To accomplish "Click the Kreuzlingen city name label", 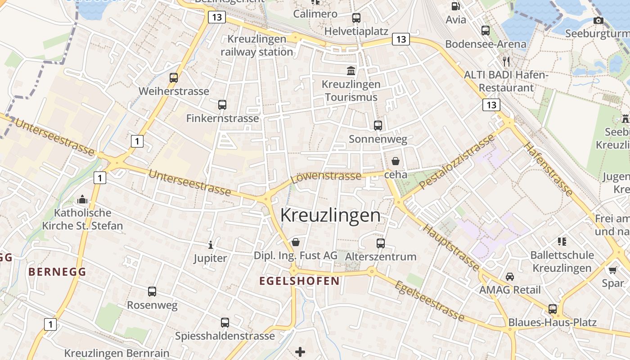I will point(330,216).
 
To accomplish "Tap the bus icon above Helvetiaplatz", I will point(356,18).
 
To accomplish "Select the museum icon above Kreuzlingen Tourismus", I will point(351,71).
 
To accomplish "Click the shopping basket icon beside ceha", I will point(396,161).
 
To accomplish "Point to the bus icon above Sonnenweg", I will point(378,126).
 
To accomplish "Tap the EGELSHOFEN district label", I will point(299,281).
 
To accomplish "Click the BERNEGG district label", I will point(57,272).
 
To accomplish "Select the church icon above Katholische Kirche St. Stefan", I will point(82,199).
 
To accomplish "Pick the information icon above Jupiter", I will point(210,245).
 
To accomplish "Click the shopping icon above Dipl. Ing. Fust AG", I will point(296,243).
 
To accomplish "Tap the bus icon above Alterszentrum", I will point(381,243).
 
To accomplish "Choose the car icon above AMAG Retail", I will point(510,276).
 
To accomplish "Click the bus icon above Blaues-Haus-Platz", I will point(553,309).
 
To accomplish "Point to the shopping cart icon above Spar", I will point(612,270).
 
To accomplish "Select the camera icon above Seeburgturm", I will point(598,20).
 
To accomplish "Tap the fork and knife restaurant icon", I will point(507,61).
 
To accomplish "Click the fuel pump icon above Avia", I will point(455,6).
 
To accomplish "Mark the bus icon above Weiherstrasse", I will point(174,77).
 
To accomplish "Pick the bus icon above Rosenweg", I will point(152,292).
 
